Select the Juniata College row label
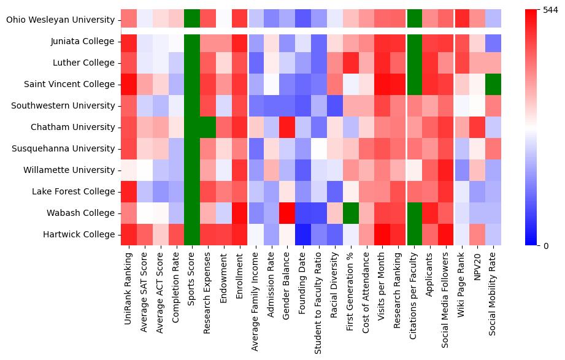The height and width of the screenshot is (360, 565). click(83, 41)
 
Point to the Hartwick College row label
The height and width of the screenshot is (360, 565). click(79, 234)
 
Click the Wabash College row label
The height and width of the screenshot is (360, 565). click(80, 213)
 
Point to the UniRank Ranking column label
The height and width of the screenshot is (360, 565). click(128, 288)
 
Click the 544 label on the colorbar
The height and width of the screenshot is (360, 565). click(551, 10)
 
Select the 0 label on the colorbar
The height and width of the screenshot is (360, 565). click(546, 245)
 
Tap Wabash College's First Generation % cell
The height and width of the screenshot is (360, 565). click(351, 213)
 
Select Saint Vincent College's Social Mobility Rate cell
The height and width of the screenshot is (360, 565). click(493, 84)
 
